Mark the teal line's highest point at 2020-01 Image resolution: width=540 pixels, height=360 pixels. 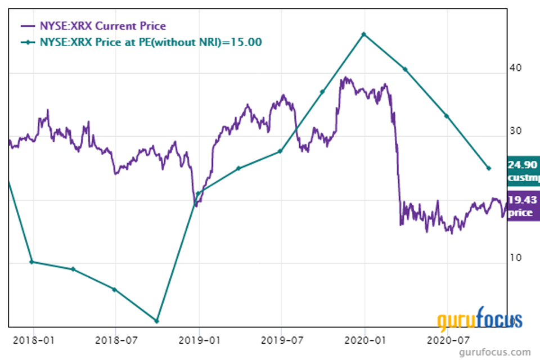pos(364,34)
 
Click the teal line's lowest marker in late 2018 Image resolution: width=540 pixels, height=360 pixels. pos(156,321)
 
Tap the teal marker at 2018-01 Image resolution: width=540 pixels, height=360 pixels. pos(31,262)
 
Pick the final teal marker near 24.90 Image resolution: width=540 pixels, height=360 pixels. pos(489,168)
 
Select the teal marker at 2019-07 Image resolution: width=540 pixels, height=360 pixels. pos(280,151)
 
